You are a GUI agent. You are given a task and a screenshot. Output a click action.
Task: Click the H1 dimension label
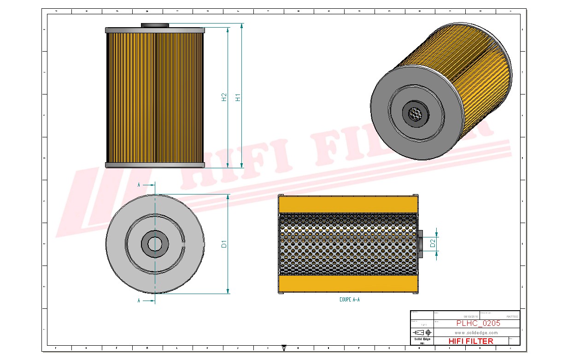pyautogui.click(x=238, y=97)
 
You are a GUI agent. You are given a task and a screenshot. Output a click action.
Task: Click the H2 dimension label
pyautogui.click(x=224, y=97)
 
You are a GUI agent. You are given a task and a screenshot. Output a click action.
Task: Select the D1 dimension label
pyautogui.click(x=224, y=244)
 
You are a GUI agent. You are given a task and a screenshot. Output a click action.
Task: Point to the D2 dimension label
pyautogui.click(x=433, y=243)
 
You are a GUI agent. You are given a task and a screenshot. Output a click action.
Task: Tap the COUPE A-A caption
pyautogui.click(x=349, y=300)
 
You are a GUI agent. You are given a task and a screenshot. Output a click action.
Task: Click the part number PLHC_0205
pyautogui.click(x=478, y=324)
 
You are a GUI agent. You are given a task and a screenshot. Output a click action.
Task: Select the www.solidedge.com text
pyautogui.click(x=476, y=332)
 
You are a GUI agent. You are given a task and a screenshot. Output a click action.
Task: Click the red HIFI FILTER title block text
pyautogui.click(x=470, y=341)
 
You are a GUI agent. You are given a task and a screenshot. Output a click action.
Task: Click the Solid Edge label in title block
pyautogui.click(x=422, y=339)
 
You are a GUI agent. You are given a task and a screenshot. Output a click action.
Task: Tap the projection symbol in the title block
pyautogui.click(x=422, y=332)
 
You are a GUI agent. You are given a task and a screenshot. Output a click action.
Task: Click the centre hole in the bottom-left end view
pyautogui.click(x=155, y=244)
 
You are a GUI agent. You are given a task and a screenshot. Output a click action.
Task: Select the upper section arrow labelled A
pyautogui.click(x=146, y=185)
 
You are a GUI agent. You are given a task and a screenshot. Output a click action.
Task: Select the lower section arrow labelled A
pyautogui.click(x=146, y=301)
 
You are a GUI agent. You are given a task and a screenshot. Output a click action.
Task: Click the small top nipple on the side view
pyautogui.click(x=155, y=25)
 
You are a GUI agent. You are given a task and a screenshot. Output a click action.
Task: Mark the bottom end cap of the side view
pyautogui.click(x=155, y=165)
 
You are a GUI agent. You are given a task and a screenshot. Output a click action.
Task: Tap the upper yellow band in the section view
pyautogui.click(x=349, y=205)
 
